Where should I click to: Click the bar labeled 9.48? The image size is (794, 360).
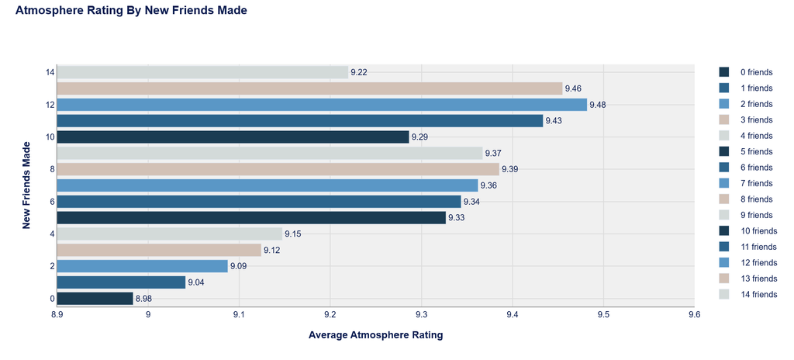[322, 105]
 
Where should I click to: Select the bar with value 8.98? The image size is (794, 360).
[95, 299]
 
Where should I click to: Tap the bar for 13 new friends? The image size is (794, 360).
[309, 88]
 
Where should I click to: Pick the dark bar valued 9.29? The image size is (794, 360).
[233, 137]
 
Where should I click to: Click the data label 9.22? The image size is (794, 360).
[359, 72]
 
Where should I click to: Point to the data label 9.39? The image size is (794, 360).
[510, 169]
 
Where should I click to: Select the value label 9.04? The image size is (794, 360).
[196, 282]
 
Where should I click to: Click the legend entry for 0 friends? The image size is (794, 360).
[745, 72]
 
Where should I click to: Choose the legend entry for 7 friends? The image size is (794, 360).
[745, 183]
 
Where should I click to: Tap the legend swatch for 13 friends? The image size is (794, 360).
[724, 279]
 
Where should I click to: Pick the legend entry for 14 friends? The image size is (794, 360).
[747, 294]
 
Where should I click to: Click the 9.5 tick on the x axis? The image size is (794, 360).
[603, 314]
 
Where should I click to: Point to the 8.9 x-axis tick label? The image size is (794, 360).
[57, 314]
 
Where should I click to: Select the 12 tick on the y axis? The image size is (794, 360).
[50, 105]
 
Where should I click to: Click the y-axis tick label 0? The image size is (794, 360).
[52, 299]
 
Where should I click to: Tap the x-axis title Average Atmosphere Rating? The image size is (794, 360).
[376, 335]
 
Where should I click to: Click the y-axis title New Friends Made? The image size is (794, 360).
[27, 185]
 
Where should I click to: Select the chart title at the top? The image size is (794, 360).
[131, 11]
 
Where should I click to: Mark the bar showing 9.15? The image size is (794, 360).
[170, 234]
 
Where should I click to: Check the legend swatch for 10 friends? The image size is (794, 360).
[724, 230]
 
